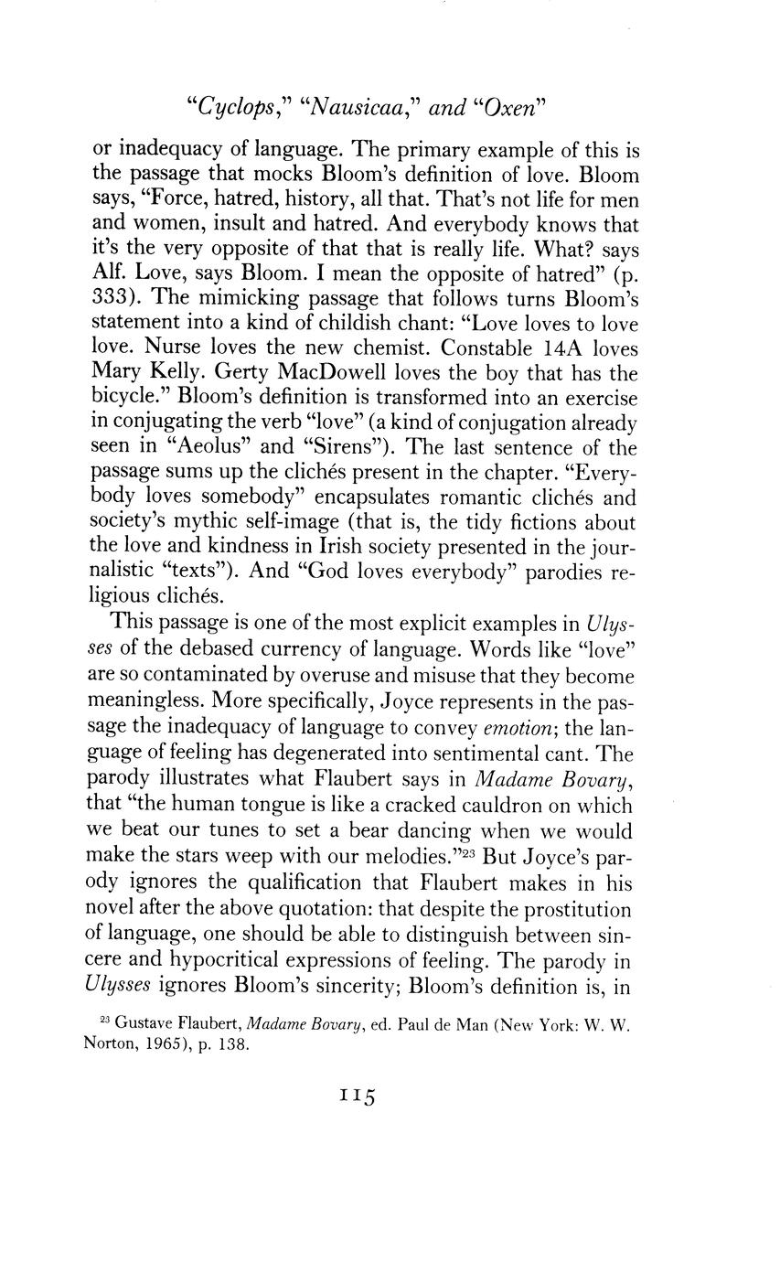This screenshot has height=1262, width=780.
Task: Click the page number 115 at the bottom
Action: pyautogui.click(x=358, y=1096)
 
